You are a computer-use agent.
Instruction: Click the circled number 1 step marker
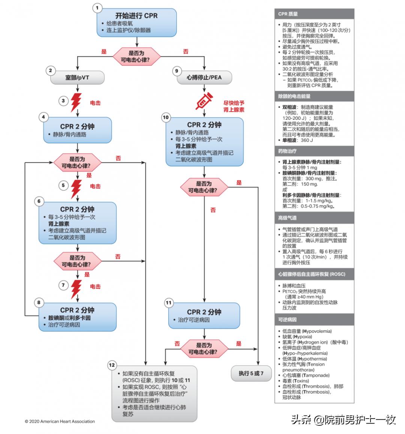98,8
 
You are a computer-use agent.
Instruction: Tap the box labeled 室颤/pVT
77,78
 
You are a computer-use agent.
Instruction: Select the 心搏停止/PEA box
204,78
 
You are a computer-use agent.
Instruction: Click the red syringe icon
204,101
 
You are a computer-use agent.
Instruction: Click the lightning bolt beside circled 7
76,288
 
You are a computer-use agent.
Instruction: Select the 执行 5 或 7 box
251,373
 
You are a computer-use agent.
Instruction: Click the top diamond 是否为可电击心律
136,57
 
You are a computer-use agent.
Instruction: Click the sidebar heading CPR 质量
288,14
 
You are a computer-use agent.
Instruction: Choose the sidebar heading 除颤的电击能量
294,96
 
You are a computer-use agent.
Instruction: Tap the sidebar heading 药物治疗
287,151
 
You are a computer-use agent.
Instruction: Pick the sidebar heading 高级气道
287,218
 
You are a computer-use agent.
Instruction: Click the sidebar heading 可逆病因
287,320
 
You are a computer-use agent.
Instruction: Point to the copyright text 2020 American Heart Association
60,421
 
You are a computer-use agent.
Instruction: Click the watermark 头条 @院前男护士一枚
343,420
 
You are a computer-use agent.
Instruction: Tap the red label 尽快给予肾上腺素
234,106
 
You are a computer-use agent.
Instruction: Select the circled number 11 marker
169,303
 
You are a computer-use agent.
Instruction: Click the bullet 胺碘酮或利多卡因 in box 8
69,318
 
